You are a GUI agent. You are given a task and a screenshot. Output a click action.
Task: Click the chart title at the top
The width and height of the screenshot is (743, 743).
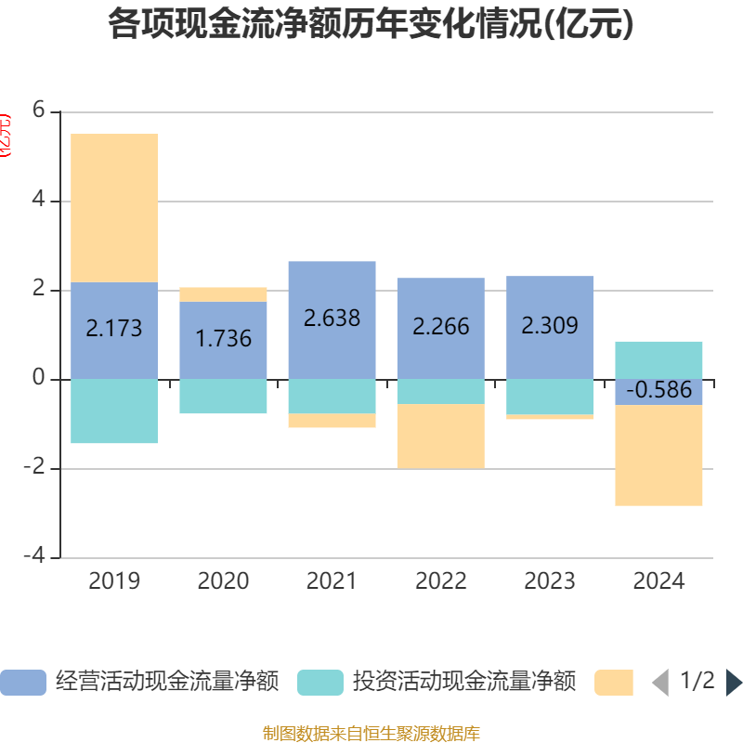[371, 25]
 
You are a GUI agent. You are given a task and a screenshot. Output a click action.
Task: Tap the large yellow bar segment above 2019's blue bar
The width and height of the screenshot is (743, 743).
[114, 208]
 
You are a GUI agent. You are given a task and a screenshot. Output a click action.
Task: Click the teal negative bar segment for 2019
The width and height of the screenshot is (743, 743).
[114, 411]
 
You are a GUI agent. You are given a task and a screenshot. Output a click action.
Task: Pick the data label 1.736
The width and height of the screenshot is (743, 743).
[223, 338]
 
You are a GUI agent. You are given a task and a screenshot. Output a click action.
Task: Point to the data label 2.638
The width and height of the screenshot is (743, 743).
[332, 318]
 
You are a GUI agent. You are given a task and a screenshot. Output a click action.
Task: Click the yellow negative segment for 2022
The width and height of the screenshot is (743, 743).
[440, 437]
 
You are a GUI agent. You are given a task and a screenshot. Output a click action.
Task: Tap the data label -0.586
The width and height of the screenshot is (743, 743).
[658, 390]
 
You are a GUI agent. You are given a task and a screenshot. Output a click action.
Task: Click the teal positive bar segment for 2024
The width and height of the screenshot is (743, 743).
[658, 359]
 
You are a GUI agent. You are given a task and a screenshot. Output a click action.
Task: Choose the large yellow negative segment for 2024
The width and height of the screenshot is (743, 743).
[658, 456]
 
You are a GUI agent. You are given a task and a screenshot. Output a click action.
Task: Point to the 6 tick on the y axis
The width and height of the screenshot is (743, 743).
[39, 111]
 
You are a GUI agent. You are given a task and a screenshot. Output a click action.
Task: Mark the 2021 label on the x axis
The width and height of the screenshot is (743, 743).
[332, 581]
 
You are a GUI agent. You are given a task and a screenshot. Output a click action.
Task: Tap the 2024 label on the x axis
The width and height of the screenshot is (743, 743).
[658, 581]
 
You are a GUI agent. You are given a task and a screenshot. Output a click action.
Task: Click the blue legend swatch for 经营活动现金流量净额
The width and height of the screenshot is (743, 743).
[23, 683]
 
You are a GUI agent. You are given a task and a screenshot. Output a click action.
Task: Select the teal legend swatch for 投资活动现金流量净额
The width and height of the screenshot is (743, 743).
[320, 683]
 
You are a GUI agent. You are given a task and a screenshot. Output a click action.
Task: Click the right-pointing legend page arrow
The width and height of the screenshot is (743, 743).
[733, 683]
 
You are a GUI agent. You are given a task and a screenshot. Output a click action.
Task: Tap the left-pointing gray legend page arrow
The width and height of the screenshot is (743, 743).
[660, 683]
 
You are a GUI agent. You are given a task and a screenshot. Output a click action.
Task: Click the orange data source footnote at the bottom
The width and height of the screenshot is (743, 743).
[371, 734]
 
